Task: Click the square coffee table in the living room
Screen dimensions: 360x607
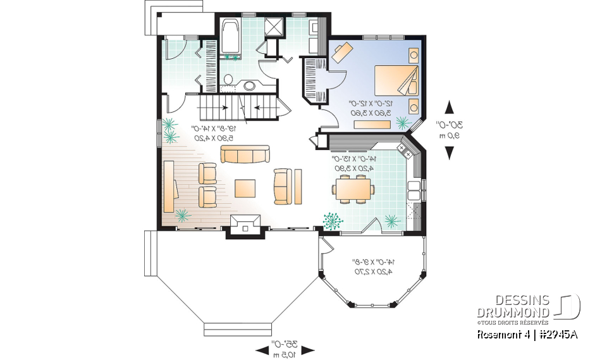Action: (246, 189)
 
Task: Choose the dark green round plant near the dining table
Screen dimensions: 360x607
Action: (331, 220)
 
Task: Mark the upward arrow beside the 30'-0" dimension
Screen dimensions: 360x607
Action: (450, 108)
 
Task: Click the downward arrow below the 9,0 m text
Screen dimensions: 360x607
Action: (450, 152)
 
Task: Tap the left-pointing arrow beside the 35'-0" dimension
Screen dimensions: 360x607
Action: (262, 349)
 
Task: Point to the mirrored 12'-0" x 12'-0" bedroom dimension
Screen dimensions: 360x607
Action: (372, 103)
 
